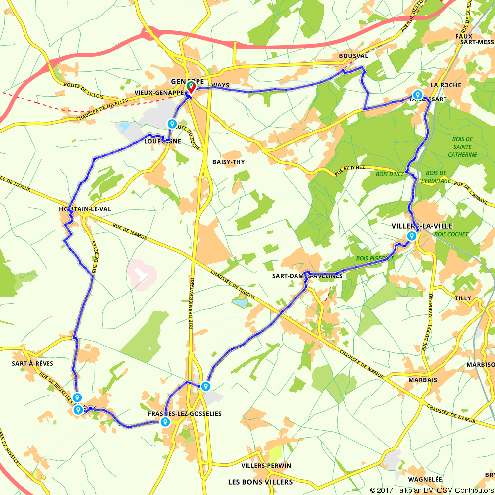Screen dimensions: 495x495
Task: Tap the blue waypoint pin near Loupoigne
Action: (x=172, y=124)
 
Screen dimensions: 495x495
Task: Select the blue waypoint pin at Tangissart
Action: (x=417, y=95)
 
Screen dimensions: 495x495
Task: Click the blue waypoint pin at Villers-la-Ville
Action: (x=411, y=236)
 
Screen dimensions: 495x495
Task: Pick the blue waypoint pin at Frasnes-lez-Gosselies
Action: (x=165, y=422)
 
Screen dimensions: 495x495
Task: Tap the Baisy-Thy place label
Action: (x=228, y=162)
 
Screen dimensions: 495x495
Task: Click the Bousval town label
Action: (x=353, y=56)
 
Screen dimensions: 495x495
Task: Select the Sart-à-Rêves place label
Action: (x=33, y=363)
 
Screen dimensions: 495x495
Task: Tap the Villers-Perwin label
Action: (x=266, y=466)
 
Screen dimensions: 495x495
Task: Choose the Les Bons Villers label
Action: (x=260, y=482)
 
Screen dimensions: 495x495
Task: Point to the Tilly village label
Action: (x=463, y=298)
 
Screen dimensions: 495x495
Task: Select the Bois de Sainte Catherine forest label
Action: (x=463, y=147)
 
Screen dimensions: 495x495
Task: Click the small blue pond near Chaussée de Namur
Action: (x=240, y=303)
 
